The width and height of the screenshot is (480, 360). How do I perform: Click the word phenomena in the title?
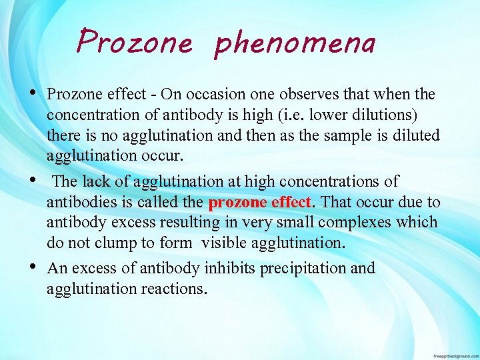click(295, 43)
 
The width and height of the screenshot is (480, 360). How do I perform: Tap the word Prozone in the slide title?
click(134, 43)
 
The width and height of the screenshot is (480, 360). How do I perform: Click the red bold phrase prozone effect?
click(260, 202)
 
